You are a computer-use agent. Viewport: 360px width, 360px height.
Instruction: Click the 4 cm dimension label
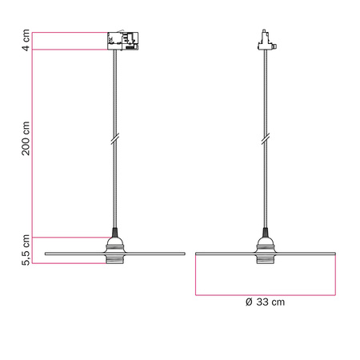point(26,41)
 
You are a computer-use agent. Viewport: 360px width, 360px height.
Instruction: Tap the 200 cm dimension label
point(26,138)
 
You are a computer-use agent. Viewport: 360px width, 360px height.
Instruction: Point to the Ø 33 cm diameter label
point(265,302)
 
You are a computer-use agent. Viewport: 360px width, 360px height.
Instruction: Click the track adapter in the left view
point(122,41)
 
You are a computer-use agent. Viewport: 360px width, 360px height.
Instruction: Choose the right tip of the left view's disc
point(184,254)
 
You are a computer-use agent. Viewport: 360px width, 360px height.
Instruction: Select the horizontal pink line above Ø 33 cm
point(265,294)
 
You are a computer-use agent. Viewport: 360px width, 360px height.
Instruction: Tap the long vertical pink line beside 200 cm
point(31,144)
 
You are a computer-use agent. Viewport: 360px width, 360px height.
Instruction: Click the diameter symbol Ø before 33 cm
point(249,302)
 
